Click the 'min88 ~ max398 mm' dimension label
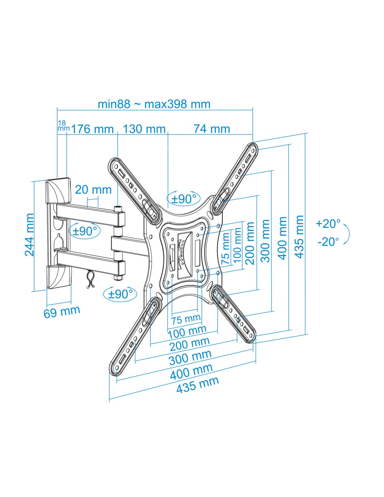coord(154,104)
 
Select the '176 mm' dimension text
coord(93,129)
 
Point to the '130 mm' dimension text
coord(144,129)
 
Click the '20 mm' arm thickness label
coord(93,189)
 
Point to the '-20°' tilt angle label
coord(328,242)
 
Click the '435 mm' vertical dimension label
coord(299,237)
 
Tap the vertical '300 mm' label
coord(265,241)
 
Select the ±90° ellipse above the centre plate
coord(183,199)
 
